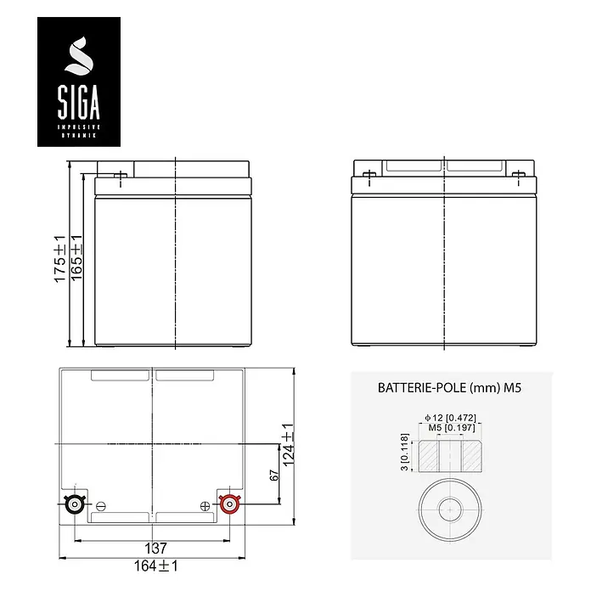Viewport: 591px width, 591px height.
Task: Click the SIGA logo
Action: click(x=79, y=82)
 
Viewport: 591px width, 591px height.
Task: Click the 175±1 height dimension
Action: click(x=60, y=259)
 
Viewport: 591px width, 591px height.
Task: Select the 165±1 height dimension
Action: click(x=76, y=257)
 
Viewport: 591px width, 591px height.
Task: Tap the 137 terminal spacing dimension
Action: click(x=155, y=549)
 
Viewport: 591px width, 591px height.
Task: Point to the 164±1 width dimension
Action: click(x=156, y=566)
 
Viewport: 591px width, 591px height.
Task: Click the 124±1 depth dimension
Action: click(x=289, y=445)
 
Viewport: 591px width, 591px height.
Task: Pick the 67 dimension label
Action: click(x=274, y=476)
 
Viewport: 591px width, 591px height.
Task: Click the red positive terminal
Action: click(x=229, y=504)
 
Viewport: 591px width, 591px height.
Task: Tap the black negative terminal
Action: click(x=75, y=504)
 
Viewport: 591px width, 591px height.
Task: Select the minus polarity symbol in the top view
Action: click(x=101, y=507)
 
